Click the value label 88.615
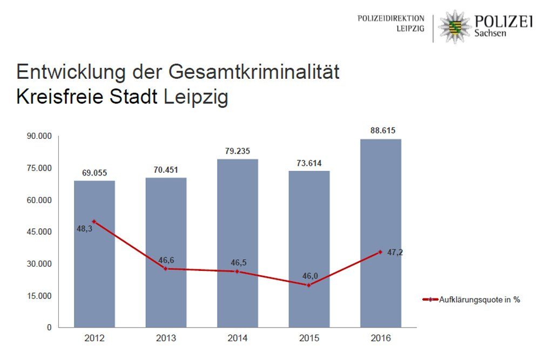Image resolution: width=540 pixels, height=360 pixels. click(381, 131)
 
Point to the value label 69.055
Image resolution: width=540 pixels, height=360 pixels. click(94, 173)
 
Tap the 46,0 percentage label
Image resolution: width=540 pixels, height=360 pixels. click(309, 276)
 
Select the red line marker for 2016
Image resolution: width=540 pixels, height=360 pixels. click(380, 252)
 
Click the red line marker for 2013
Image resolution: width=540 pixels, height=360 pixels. click(166, 268)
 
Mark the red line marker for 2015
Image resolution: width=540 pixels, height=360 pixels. click(309, 285)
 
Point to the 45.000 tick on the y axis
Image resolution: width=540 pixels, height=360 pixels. click(39, 232)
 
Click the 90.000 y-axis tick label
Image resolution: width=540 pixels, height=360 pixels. click(39, 136)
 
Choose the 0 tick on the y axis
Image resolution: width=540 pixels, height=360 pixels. click(48, 328)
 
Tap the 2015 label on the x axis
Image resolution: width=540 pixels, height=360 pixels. click(309, 339)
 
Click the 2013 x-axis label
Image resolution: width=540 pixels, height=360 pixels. click(166, 339)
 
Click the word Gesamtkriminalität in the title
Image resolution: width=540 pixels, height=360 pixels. click(254, 72)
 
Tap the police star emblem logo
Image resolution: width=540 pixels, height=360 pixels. click(454, 26)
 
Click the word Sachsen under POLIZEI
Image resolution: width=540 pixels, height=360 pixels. click(491, 33)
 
